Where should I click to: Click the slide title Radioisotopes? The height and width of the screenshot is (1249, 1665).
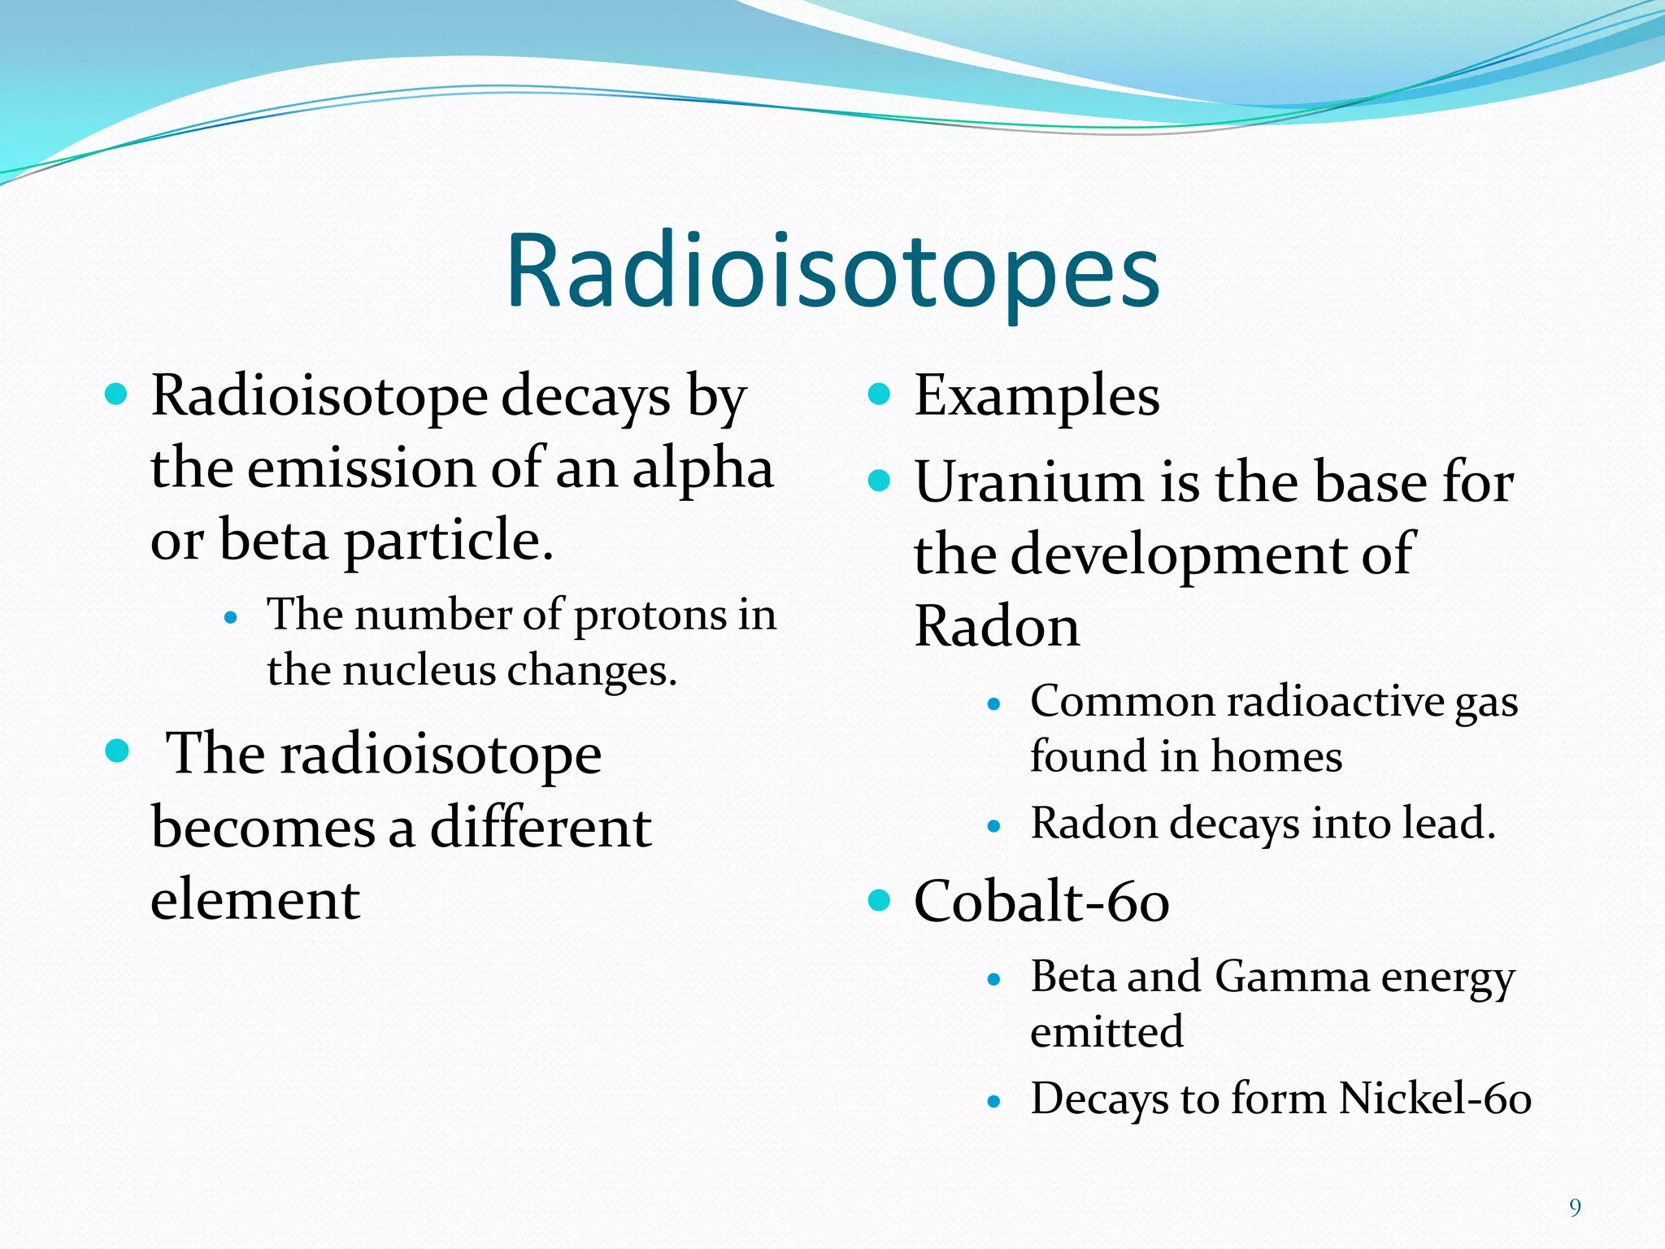click(x=832, y=272)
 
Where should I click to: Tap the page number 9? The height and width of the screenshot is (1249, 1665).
click(x=1575, y=1208)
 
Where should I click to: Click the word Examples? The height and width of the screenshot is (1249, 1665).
click(x=1037, y=397)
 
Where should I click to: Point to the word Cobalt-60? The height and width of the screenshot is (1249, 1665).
click(x=1041, y=902)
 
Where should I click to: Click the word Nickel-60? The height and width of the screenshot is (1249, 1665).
click(x=1435, y=1099)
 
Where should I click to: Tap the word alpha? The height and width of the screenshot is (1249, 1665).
click(x=702, y=470)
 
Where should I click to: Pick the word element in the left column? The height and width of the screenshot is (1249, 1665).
click(x=254, y=900)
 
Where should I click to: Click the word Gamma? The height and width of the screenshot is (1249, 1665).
click(x=1292, y=977)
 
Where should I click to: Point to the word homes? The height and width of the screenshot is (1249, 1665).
click(x=1276, y=757)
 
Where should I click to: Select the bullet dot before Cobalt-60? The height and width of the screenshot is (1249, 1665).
click(x=879, y=900)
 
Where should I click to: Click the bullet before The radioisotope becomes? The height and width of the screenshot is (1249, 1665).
click(x=117, y=751)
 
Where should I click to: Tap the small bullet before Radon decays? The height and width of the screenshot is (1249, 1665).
click(x=993, y=827)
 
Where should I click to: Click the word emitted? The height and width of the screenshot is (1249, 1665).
click(x=1106, y=1032)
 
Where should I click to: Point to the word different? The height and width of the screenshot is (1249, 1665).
click(x=540, y=828)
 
